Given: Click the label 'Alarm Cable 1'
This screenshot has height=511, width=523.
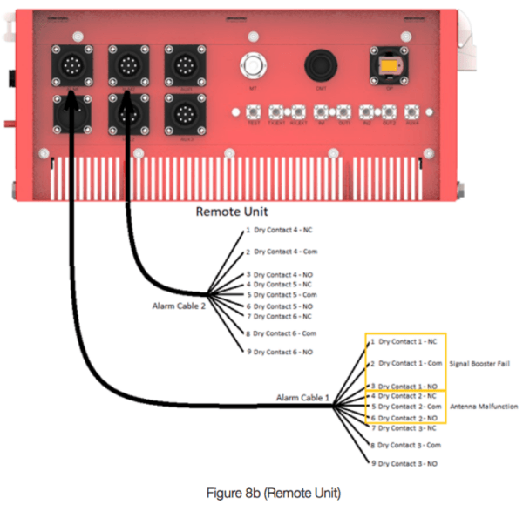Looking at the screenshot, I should click(303, 399).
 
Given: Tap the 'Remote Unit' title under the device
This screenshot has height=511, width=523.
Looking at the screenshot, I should click(231, 212).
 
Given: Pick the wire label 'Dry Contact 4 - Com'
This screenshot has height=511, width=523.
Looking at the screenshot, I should click(283, 252).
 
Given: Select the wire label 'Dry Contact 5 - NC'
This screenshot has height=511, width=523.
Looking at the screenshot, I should click(282, 284).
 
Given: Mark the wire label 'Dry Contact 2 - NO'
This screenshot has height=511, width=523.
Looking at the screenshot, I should click(406, 418).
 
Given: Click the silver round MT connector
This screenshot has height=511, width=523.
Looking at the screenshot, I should click(254, 65).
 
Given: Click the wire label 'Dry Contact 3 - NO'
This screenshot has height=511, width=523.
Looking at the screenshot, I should click(405, 463).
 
